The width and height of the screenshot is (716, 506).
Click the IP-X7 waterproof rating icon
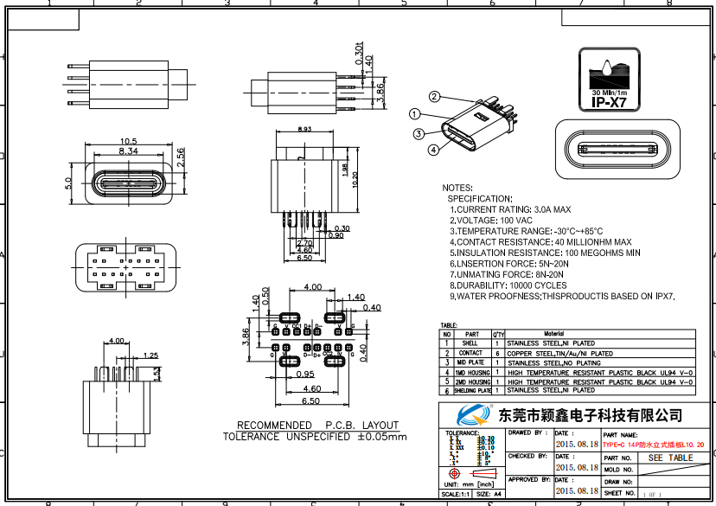[611, 80]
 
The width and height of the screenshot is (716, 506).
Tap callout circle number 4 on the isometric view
[432, 149]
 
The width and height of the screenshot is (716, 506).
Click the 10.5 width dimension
[129, 140]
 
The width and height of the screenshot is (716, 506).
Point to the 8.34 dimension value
[129, 151]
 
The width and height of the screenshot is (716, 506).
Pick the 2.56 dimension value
[180, 157]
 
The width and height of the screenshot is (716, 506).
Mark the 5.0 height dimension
[68, 184]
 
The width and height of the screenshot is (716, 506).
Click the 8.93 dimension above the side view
[304, 130]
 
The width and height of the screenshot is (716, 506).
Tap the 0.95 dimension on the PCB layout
[304, 375]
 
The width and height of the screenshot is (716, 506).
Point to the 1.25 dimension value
[150, 355]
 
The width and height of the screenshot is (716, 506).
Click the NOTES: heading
[457, 188]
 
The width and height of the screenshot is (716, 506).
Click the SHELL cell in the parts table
[471, 343]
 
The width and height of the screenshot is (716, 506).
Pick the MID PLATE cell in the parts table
[471, 363]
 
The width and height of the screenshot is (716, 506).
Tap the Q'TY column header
[499, 334]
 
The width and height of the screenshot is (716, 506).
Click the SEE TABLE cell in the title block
[670, 458]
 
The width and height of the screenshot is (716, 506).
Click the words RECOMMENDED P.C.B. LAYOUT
[317, 425]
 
